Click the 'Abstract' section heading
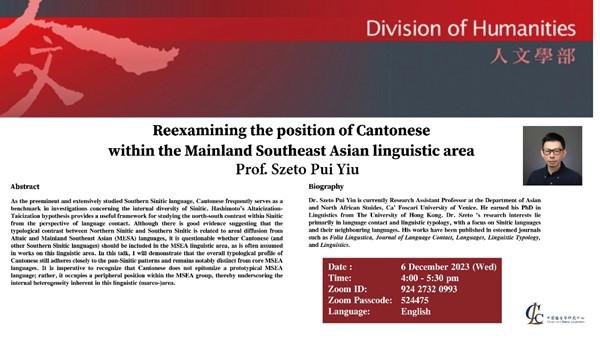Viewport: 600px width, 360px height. [x=25, y=187]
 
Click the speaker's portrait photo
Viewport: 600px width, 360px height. [x=552, y=155]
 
